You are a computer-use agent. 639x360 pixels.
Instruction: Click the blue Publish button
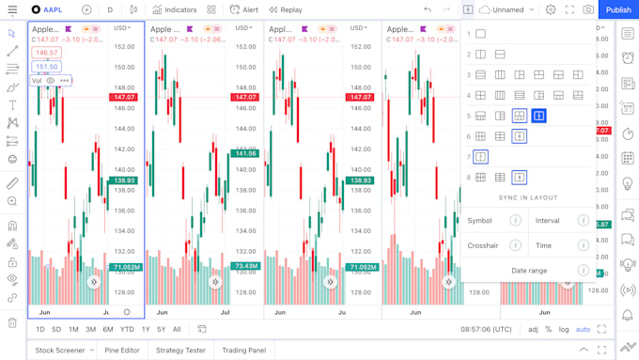pos(618,9)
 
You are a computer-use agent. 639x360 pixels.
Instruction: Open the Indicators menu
pos(176,9)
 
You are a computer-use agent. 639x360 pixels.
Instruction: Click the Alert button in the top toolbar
pos(244,9)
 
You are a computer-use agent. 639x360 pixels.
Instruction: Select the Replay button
pos(286,9)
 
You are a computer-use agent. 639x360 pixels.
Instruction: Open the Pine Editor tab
pos(122,350)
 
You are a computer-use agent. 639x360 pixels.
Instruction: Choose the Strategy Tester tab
pos(180,350)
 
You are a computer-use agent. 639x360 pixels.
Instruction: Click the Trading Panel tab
pos(243,350)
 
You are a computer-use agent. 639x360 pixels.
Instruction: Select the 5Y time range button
pos(162,329)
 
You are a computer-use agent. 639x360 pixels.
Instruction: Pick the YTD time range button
pos(127,329)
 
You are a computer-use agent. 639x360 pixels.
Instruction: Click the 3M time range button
pos(90,329)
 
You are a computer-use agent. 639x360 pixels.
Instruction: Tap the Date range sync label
pos(529,271)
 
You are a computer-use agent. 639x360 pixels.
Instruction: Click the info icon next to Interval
pos(584,221)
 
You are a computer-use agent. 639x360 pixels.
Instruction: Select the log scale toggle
pos(564,329)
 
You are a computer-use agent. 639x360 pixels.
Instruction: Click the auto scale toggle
pos(583,329)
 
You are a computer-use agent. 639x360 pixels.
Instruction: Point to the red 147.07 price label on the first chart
pos(123,98)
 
